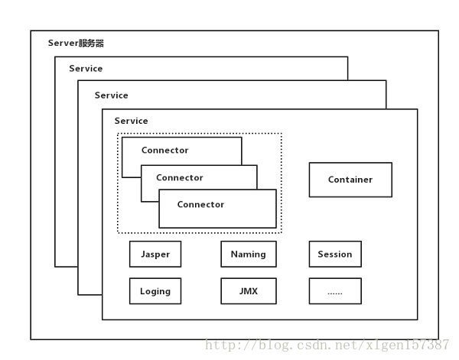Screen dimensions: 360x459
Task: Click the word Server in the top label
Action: tap(62, 44)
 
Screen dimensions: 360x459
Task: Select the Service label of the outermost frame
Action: tap(86, 69)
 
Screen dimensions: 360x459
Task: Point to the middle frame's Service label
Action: tap(111, 96)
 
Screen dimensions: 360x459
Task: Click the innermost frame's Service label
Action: tap(131, 121)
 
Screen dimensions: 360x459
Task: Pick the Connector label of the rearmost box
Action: tap(164, 151)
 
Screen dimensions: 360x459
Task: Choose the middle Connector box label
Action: tap(180, 177)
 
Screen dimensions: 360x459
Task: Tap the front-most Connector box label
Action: tap(200, 205)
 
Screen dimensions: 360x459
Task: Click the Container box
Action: tap(350, 180)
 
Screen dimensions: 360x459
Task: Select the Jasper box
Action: tap(155, 254)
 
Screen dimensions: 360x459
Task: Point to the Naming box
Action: tap(248, 254)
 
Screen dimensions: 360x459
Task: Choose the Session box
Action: tap(335, 254)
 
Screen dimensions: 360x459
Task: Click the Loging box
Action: tap(155, 291)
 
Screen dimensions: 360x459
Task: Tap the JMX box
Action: tap(248, 291)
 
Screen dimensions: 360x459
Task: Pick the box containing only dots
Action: tap(335, 291)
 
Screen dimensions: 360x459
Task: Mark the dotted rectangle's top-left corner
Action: tap(118, 134)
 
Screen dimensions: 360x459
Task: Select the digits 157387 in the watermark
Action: tap(430, 345)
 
